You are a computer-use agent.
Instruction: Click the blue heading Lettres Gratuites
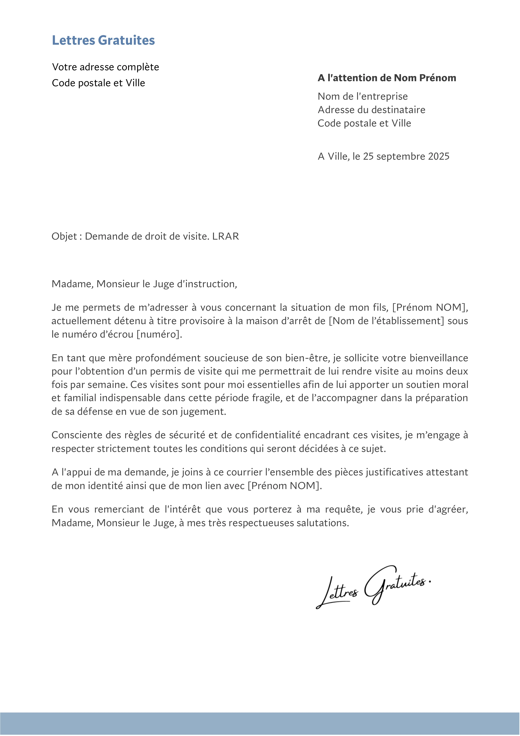tap(103, 40)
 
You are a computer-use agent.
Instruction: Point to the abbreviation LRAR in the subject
tap(226, 236)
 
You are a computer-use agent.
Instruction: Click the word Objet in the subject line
tap(64, 236)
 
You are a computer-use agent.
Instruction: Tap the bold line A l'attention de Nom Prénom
tap(387, 78)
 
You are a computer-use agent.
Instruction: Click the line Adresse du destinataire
tap(371, 110)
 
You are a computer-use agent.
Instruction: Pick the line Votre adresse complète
tap(105, 67)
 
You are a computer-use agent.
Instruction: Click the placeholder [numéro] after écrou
tap(159, 334)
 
